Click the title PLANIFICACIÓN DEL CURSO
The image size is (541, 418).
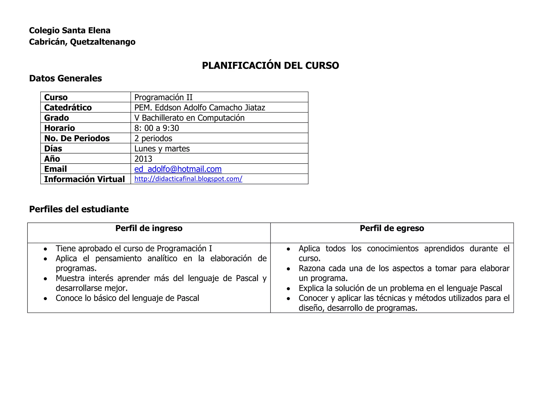tap(270, 66)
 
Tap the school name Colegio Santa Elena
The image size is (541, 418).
tap(70, 30)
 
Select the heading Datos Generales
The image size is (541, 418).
tap(66, 78)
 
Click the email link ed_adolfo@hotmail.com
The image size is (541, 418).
tap(178, 169)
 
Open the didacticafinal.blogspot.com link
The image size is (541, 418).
tap(188, 179)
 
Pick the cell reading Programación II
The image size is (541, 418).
tap(163, 97)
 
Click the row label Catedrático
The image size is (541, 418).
tap(68, 108)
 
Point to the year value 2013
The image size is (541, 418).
tap(143, 159)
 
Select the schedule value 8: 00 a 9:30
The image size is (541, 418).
tap(157, 128)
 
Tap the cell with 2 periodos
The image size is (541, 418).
tap(153, 138)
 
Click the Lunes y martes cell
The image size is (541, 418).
tap(162, 148)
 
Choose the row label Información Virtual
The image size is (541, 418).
tap(85, 179)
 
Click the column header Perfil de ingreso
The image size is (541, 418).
tap(149, 228)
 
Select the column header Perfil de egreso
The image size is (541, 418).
tap(392, 228)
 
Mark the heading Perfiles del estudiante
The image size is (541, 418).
tap(79, 209)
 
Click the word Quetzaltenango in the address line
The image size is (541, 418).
tap(103, 42)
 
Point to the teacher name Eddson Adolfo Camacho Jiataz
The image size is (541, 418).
tap(210, 108)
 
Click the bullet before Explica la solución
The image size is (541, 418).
tap(288, 289)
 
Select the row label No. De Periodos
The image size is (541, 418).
tap(77, 138)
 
